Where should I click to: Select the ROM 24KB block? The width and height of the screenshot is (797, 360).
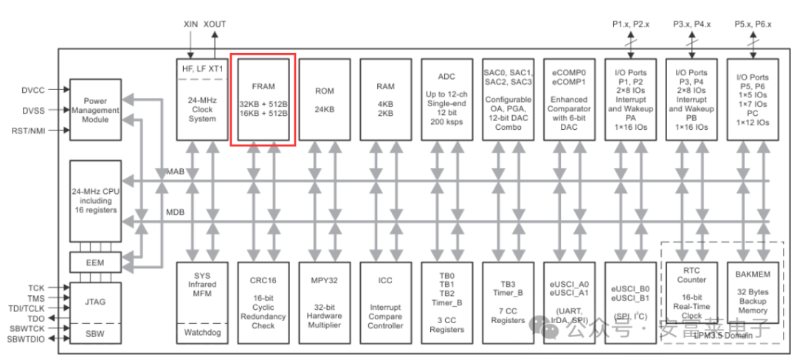(x=325, y=98)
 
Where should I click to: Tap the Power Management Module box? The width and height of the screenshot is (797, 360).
(x=95, y=109)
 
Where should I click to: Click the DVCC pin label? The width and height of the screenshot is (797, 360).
(x=32, y=90)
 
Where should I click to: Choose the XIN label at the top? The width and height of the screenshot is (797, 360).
(x=191, y=24)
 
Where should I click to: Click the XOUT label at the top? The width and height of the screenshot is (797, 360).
(x=215, y=24)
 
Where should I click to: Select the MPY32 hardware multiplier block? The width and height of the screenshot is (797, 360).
(x=325, y=302)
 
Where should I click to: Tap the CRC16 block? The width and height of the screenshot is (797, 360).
(x=263, y=302)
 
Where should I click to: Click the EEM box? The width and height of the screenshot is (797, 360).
(x=95, y=261)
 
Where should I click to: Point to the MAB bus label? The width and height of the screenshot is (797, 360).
(x=174, y=172)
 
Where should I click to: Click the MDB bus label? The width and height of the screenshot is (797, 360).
(x=174, y=212)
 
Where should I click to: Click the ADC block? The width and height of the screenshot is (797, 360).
(x=447, y=98)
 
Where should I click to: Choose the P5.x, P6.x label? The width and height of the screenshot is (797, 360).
(x=753, y=24)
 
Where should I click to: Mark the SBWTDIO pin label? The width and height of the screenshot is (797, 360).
(x=27, y=339)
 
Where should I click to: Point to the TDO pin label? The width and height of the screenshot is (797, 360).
(x=37, y=319)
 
